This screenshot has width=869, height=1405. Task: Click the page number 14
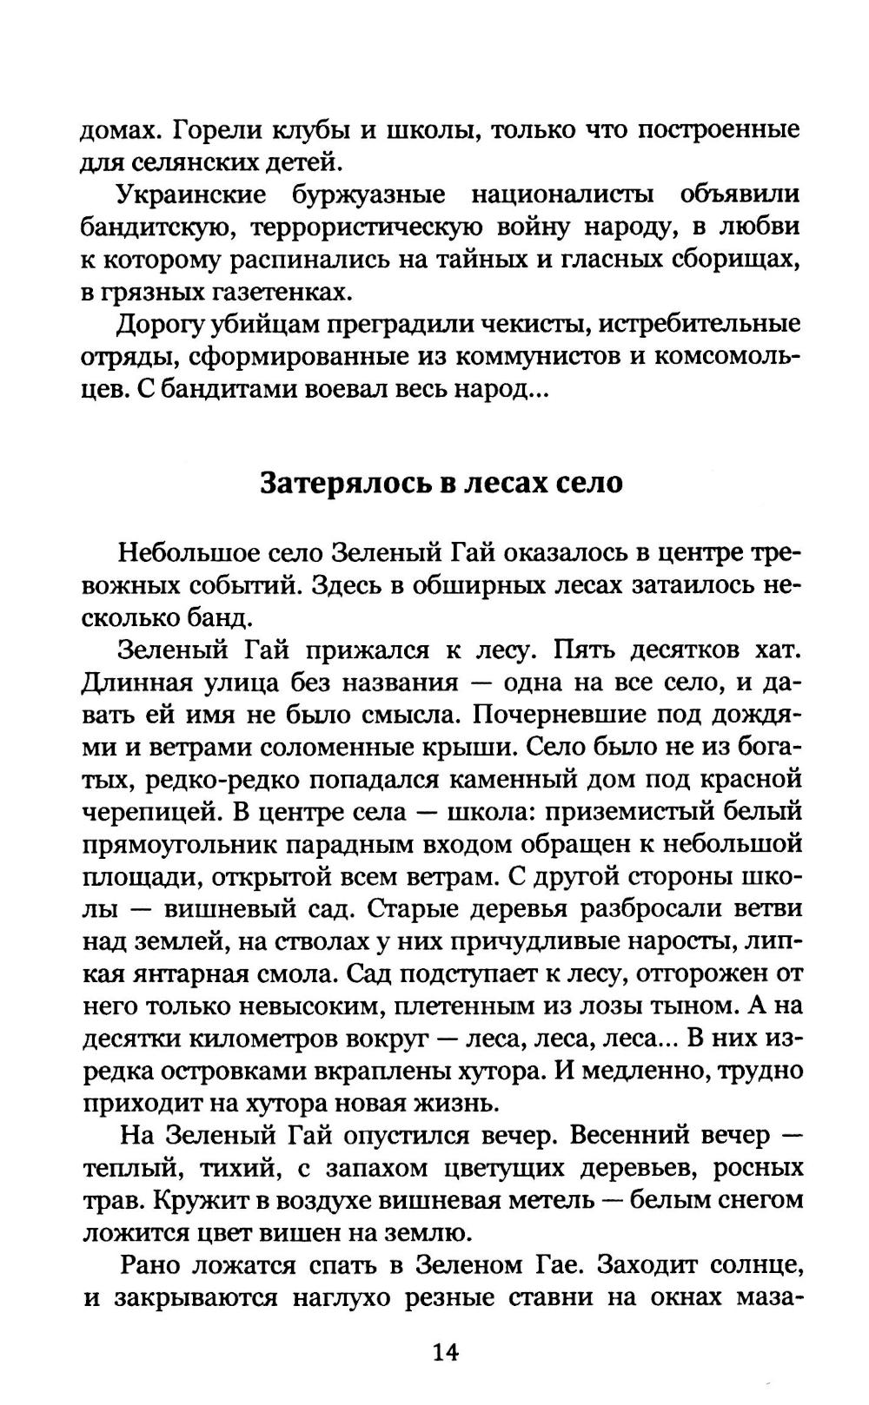click(x=444, y=1351)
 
